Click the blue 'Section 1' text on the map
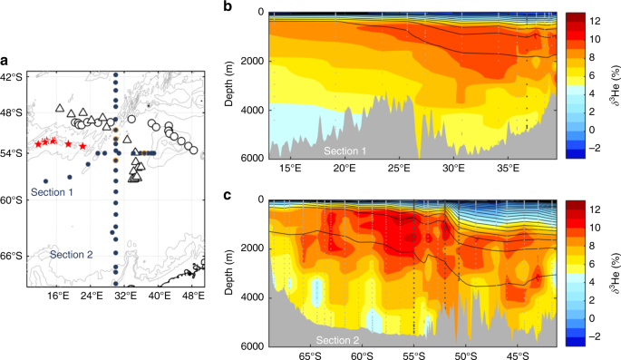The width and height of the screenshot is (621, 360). tap(53, 192)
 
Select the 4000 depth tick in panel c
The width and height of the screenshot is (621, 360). tap(250, 297)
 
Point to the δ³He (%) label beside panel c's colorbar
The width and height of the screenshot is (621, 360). tap(614, 273)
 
